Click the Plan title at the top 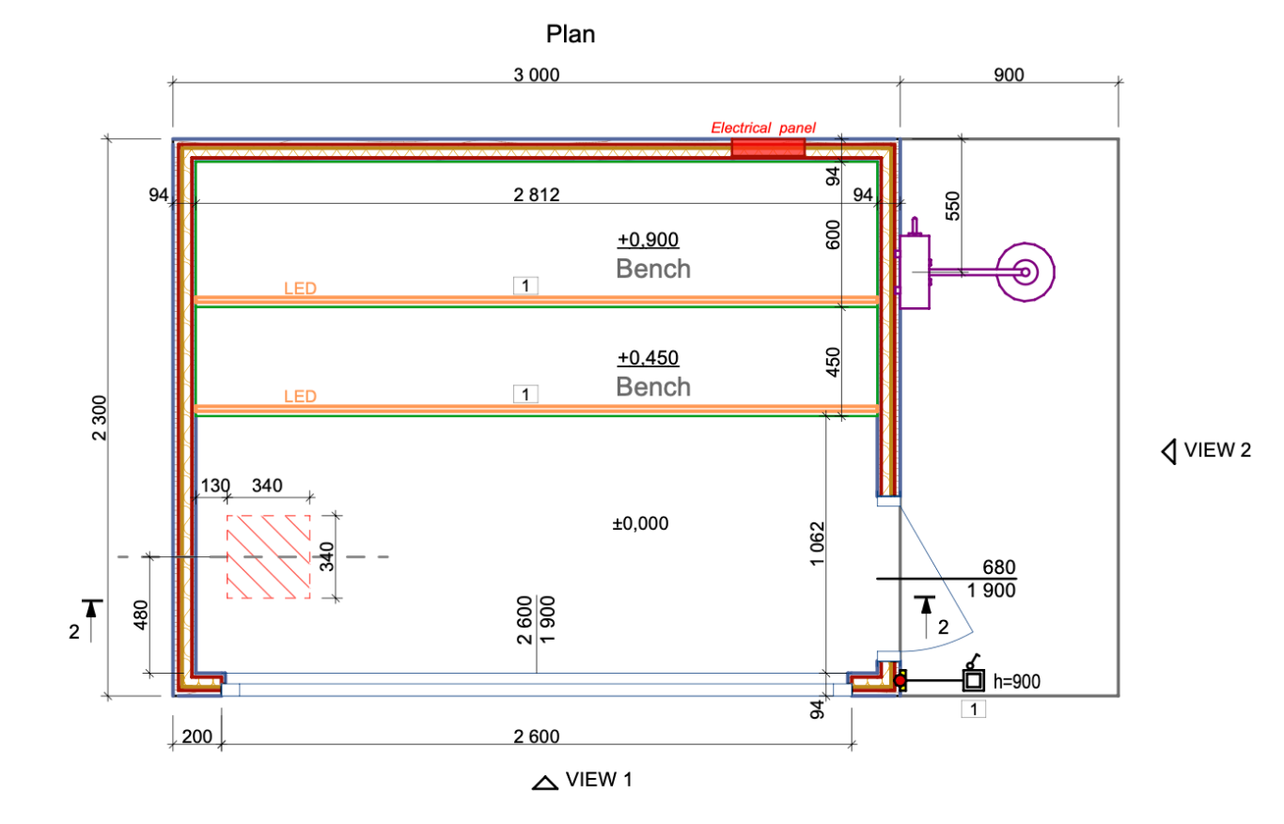pyautogui.click(x=571, y=35)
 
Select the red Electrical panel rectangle pyautogui.click(x=768, y=148)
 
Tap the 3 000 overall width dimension pyautogui.click(x=536, y=75)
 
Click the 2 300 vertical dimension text pyautogui.click(x=99, y=418)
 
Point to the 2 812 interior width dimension pyautogui.click(x=536, y=194)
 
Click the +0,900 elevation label pyautogui.click(x=648, y=240)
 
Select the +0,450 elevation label pyautogui.click(x=648, y=358)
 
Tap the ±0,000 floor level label pyautogui.click(x=640, y=523)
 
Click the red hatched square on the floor pyautogui.click(x=268, y=556)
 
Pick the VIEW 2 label pyautogui.click(x=1217, y=450)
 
